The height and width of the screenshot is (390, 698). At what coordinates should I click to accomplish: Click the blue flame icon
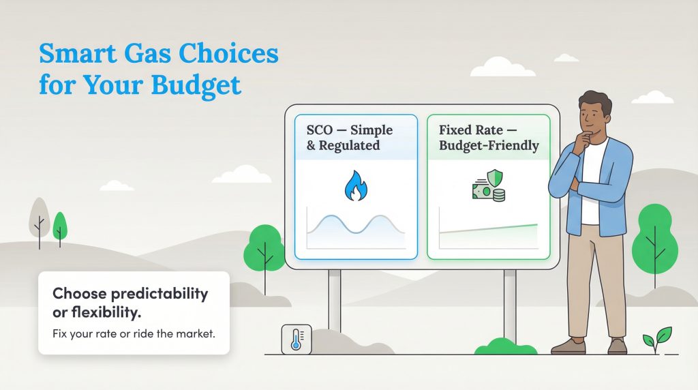(355, 186)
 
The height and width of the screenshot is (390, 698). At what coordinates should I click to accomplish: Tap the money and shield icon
(489, 186)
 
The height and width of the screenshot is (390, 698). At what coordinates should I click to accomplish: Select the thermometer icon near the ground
(296, 339)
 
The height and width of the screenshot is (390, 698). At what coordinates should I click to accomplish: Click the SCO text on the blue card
(320, 130)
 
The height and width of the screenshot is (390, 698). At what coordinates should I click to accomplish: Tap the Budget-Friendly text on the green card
(489, 145)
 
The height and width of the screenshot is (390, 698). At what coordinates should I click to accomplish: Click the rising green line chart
(488, 230)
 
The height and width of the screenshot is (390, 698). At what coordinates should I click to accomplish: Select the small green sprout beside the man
(658, 337)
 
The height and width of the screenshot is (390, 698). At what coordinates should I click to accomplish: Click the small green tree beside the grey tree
(60, 226)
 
